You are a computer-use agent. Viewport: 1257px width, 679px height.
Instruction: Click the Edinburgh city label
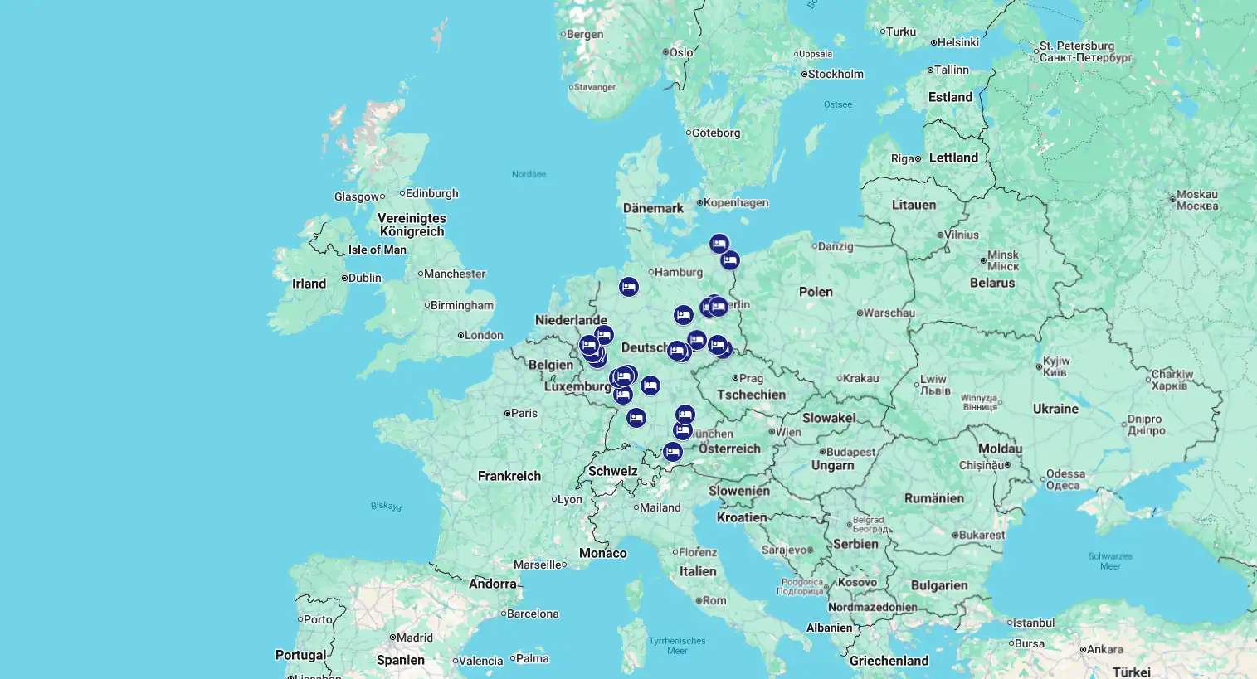point(431,193)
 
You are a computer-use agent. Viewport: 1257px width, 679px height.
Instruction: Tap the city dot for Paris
point(507,413)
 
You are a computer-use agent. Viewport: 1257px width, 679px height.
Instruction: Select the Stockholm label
point(836,74)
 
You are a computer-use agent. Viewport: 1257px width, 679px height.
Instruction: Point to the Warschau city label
point(889,313)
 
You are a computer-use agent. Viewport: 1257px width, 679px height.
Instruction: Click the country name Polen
point(816,292)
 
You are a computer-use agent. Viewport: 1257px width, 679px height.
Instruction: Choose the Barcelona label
point(533,614)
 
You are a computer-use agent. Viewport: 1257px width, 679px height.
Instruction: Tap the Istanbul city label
point(1033,623)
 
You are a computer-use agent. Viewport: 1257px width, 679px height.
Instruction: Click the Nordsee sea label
point(529,174)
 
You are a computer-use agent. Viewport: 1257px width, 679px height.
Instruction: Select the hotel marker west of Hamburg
point(629,287)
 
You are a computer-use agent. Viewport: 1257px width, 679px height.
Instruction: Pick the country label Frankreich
point(509,476)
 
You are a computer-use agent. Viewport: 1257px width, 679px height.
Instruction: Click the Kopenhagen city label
point(736,202)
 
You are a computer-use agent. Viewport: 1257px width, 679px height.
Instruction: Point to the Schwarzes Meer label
point(1110,561)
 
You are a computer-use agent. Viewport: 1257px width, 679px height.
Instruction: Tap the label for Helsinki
point(958,42)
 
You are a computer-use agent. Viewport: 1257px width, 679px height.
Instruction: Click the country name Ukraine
point(1055,409)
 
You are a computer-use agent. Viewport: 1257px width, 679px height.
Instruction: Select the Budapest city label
point(850,452)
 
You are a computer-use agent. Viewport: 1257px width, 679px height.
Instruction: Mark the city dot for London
point(460,335)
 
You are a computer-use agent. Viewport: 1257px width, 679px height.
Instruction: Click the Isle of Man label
point(378,250)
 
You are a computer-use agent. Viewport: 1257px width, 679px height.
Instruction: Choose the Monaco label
point(603,553)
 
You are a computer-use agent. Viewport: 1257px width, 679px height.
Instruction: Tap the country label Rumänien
point(934,498)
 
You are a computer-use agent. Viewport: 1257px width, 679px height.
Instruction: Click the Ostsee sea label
point(838,104)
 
